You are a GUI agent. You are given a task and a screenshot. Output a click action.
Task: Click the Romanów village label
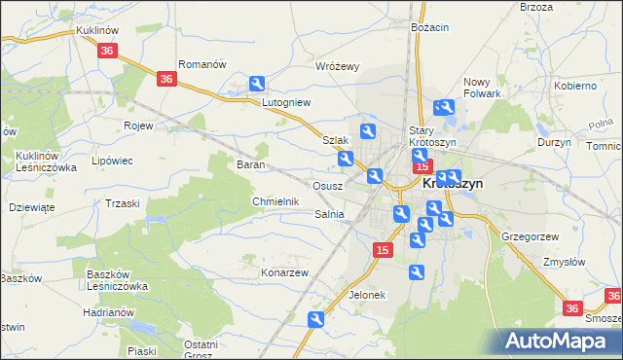(x=202, y=64)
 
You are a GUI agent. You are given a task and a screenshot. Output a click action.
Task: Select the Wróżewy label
(x=338, y=66)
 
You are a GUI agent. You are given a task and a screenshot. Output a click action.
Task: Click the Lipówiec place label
(x=110, y=161)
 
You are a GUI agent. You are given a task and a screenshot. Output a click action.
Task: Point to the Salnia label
(x=330, y=214)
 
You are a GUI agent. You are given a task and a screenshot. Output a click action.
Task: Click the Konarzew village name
(x=284, y=272)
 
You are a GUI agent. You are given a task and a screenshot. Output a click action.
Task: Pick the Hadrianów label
(x=107, y=311)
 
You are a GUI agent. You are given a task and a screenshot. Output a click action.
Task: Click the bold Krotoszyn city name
(x=453, y=182)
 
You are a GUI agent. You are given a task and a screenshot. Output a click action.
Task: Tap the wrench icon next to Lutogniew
(x=257, y=85)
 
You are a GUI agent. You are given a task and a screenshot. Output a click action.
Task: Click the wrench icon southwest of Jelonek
(x=315, y=319)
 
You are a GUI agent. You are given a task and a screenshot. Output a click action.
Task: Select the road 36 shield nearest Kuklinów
(x=108, y=51)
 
